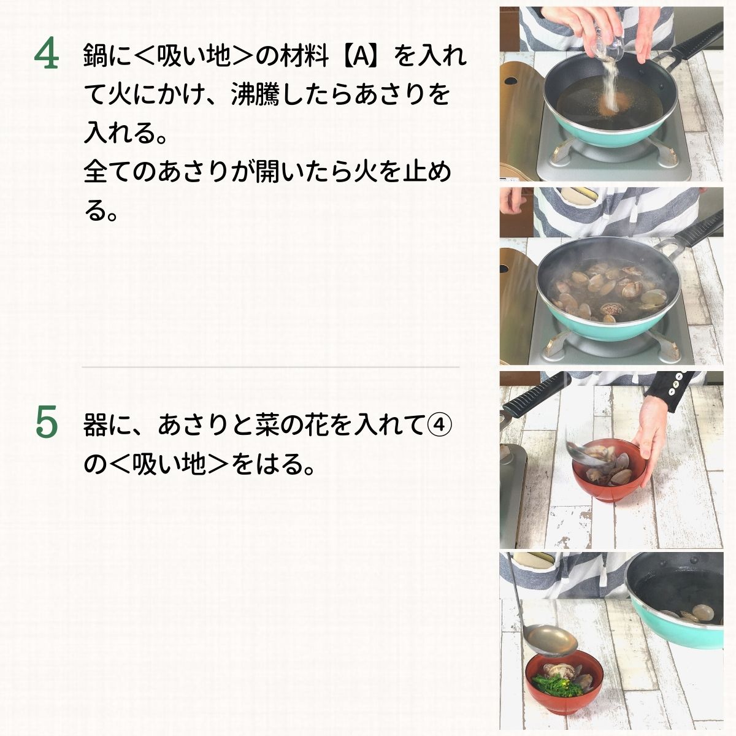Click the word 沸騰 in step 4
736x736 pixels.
[256, 94]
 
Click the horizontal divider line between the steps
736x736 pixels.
[270, 367]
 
